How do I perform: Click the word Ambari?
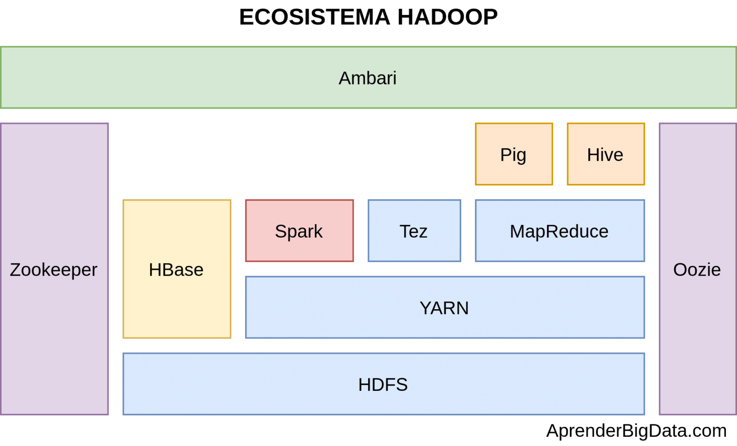click(x=368, y=78)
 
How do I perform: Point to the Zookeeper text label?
click(x=54, y=270)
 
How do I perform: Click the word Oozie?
click(x=697, y=270)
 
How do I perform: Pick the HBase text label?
click(x=176, y=270)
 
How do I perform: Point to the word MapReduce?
click(x=559, y=231)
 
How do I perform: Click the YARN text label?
click(x=444, y=308)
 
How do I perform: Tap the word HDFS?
click(x=383, y=385)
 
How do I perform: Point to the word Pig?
click(x=513, y=155)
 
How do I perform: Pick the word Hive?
click(x=605, y=155)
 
